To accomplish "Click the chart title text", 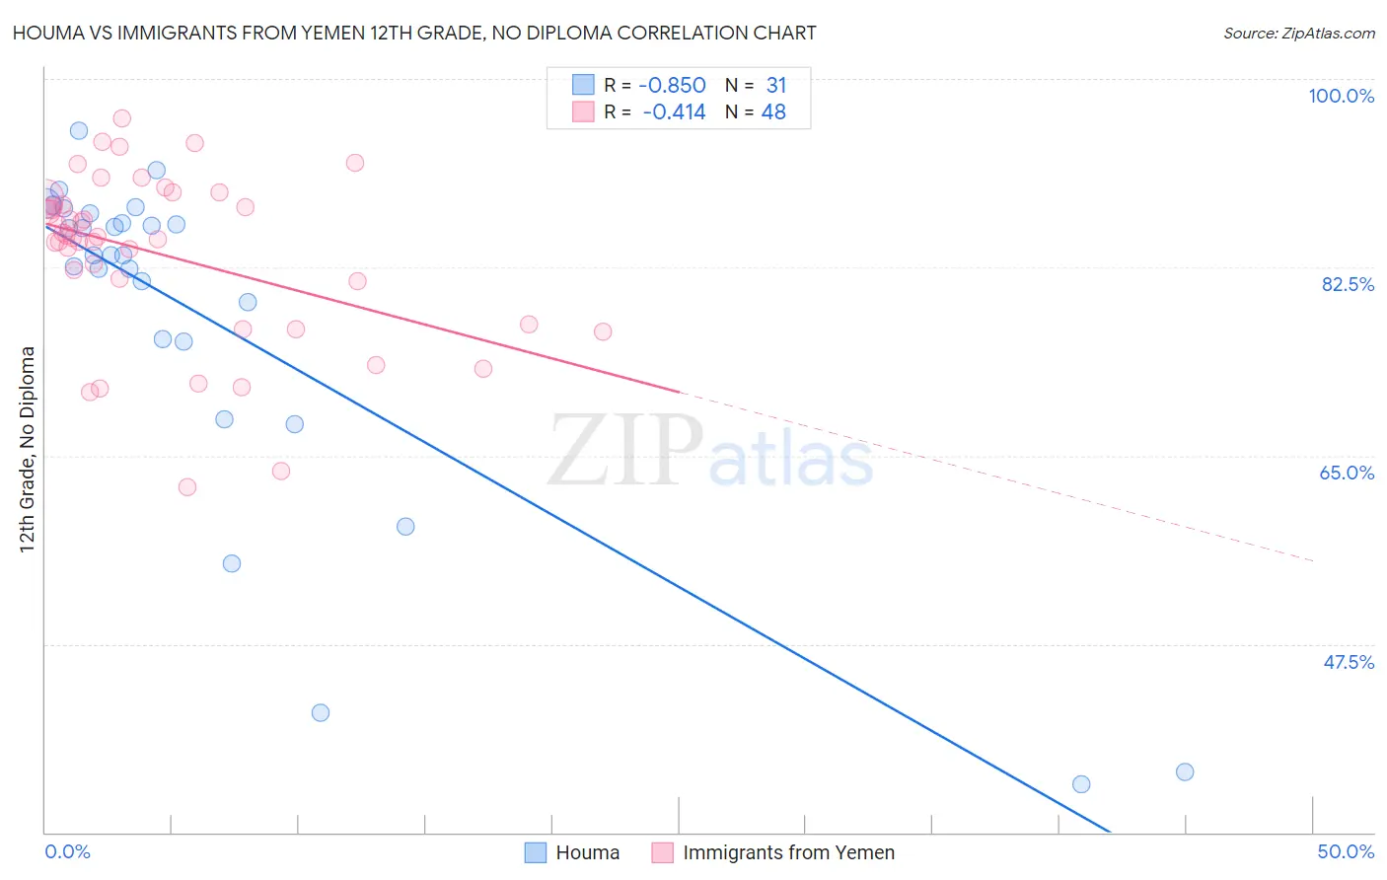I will [x=414, y=33].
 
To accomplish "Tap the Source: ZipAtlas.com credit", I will [x=1298, y=34].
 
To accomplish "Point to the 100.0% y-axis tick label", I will [x=1341, y=96].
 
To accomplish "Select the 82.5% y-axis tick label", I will [x=1348, y=284].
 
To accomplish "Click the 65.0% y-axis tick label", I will [x=1347, y=473].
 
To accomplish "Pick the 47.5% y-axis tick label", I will [x=1348, y=662].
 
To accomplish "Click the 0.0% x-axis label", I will [x=67, y=851].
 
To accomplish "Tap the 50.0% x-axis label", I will [x=1346, y=851].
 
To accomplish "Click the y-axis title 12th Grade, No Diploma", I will [x=28, y=449].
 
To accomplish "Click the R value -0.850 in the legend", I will [x=673, y=86].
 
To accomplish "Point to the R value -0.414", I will [x=674, y=112].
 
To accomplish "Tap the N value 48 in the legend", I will [x=773, y=112].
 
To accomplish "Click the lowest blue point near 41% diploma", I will [x=321, y=712].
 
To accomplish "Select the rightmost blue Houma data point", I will [x=1185, y=771].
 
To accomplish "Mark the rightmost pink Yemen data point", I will [x=603, y=331].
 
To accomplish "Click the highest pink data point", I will [x=122, y=118].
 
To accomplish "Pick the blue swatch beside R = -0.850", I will [x=583, y=85].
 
